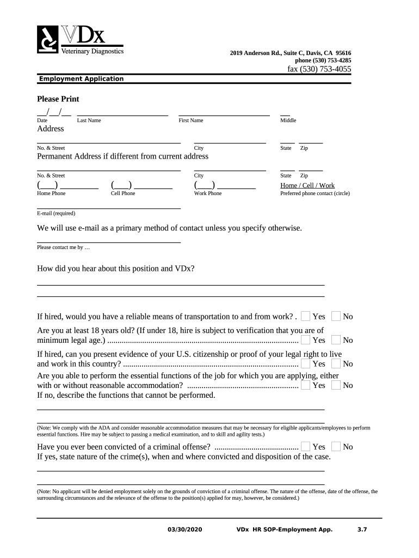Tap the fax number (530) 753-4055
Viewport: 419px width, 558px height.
(319, 69)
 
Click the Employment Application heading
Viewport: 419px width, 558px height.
(81, 79)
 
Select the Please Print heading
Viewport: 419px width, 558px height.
(58, 99)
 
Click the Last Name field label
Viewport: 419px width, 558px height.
(89, 120)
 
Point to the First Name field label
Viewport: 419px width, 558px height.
(190, 120)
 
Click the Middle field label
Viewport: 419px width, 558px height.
(288, 120)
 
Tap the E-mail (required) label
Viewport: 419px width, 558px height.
(56, 214)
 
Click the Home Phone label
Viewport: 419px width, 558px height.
(51, 193)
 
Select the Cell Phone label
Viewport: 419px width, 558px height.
(123, 193)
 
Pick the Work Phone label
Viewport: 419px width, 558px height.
(208, 193)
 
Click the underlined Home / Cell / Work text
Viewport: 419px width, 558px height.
(307, 186)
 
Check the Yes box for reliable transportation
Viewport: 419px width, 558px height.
(306, 317)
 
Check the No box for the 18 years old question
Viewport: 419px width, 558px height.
(336, 340)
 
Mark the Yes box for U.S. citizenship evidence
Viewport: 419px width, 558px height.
(306, 363)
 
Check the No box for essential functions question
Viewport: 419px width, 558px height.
(336, 385)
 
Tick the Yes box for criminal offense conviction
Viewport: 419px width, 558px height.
(306, 447)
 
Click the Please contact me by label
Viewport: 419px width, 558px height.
(63, 247)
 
